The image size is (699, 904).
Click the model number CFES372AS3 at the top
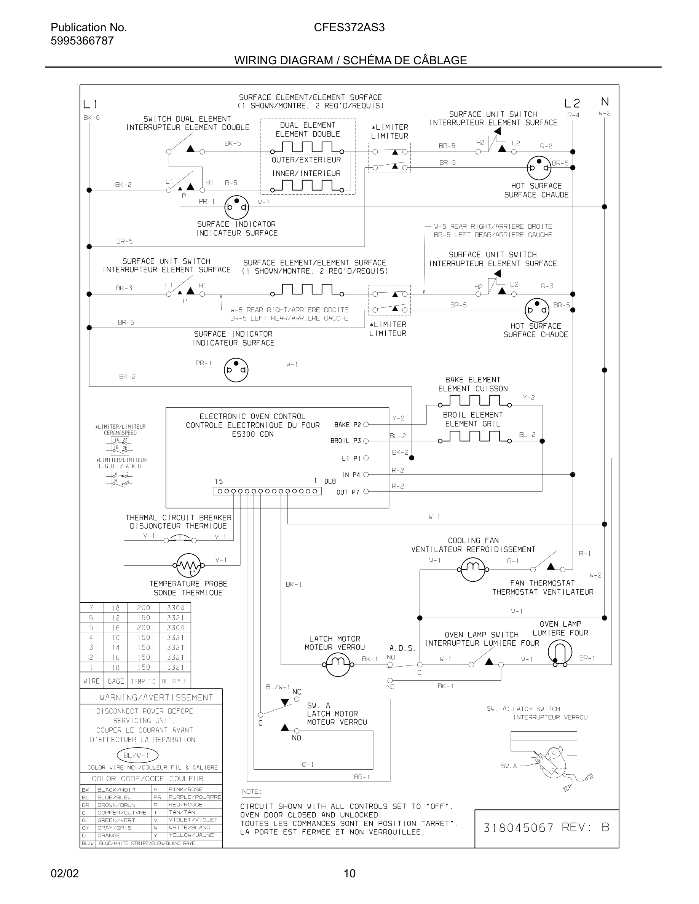tap(349, 27)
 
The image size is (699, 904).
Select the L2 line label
tap(572, 103)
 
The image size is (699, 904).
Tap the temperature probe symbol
tap(188, 565)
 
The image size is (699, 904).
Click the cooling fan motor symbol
tap(472, 569)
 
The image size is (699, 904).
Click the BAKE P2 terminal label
tap(348, 425)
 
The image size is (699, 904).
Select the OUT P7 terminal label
tap(348, 492)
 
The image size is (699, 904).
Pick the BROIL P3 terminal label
tap(345, 441)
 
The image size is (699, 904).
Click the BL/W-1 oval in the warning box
tap(137, 755)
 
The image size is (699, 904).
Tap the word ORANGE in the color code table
tap(109, 835)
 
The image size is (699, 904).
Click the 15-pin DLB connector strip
tap(267, 491)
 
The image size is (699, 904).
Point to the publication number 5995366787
tap(82, 41)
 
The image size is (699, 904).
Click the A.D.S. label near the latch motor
tap(402, 648)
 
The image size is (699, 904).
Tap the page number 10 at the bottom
tap(349, 873)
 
